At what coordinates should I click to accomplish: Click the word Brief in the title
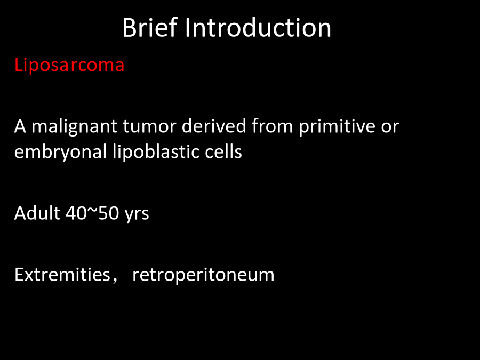(150, 28)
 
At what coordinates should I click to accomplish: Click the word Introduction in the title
(258, 28)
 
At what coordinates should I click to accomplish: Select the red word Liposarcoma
(69, 65)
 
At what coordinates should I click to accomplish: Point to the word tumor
(149, 126)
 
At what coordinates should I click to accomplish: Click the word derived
(214, 125)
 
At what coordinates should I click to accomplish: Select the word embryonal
(60, 152)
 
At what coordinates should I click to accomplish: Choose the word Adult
(37, 213)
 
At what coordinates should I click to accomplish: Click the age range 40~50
(92, 213)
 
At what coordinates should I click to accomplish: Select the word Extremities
(62, 274)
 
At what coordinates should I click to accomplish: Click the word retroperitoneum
(203, 275)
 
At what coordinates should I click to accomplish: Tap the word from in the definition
(273, 125)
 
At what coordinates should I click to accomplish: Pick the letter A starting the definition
(20, 126)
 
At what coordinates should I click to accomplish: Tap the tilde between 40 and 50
(92, 211)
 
